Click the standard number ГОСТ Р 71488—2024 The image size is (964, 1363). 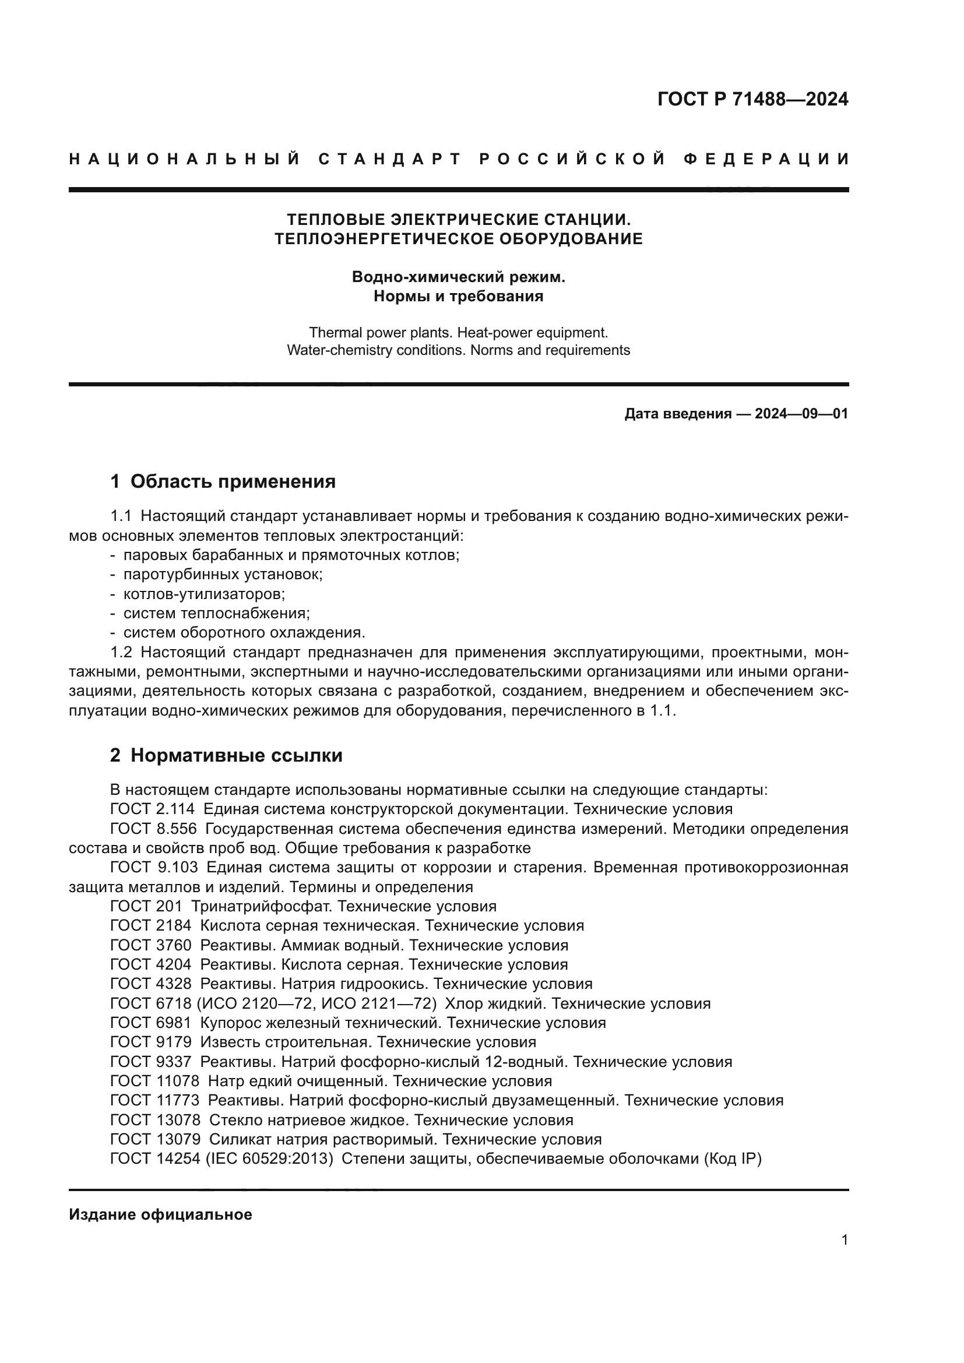click(x=752, y=99)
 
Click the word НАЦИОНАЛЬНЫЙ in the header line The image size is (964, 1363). click(x=184, y=159)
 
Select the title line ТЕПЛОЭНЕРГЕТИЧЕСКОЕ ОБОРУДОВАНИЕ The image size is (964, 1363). click(x=458, y=239)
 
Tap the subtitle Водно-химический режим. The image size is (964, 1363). click(x=458, y=277)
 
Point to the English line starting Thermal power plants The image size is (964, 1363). click(x=458, y=332)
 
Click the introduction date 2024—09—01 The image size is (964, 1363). click(x=801, y=414)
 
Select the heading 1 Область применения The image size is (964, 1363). click(x=223, y=481)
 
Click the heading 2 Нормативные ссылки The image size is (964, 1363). click(x=226, y=756)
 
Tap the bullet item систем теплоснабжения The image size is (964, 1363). click(x=216, y=612)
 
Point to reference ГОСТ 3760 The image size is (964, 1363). click(x=151, y=945)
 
